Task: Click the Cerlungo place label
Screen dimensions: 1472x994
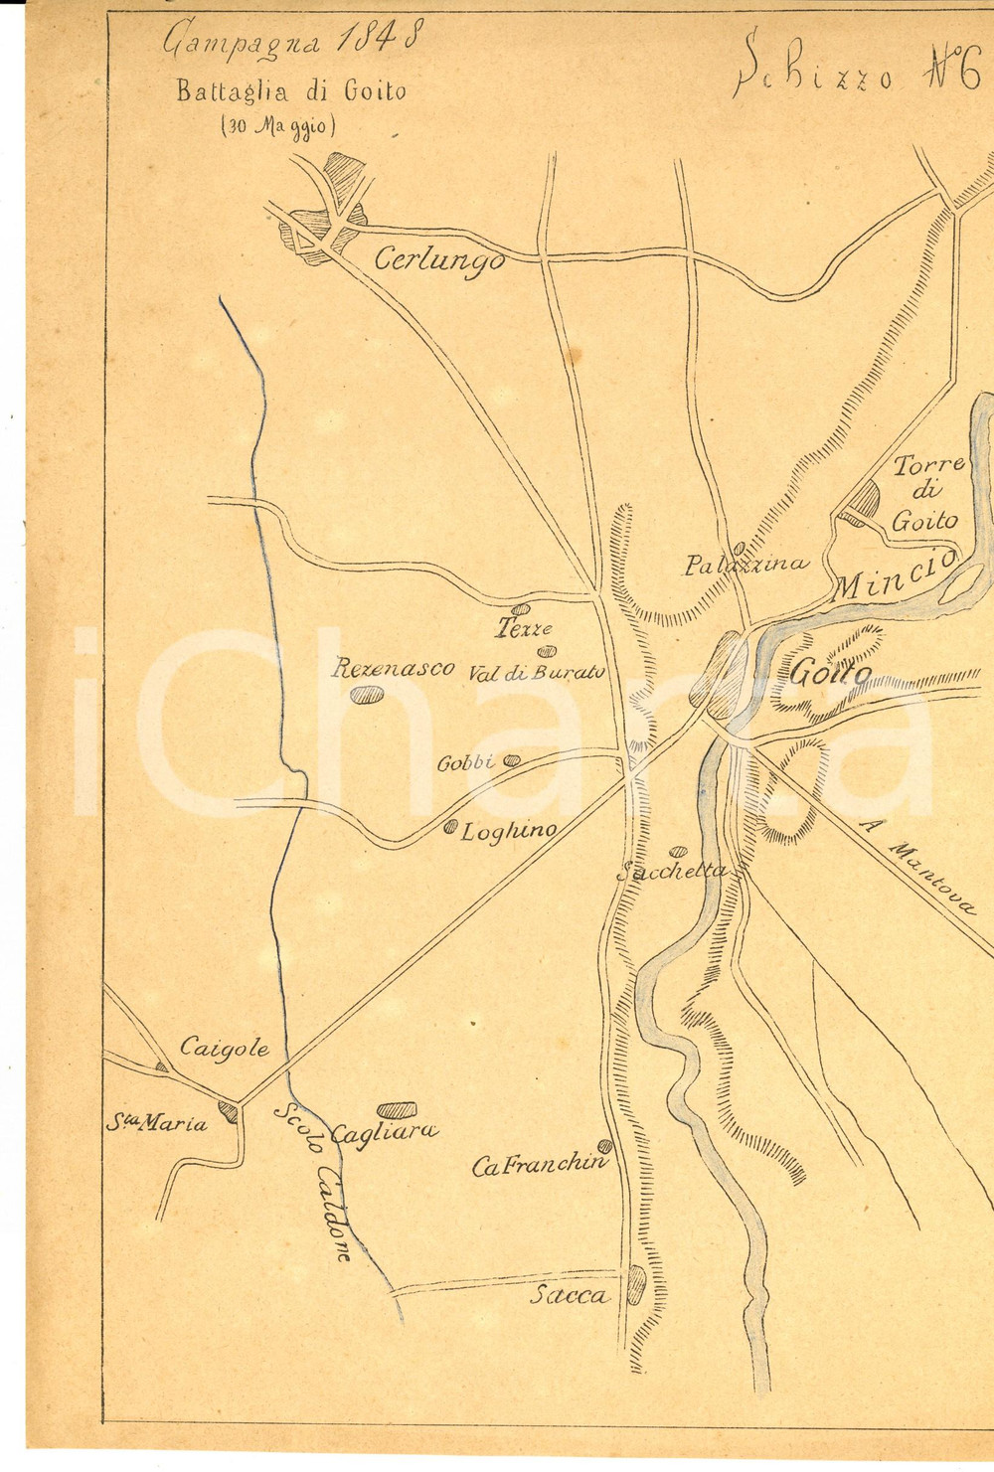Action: tap(438, 259)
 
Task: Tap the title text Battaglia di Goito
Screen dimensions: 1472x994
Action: tap(291, 91)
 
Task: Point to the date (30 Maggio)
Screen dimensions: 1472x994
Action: tap(281, 127)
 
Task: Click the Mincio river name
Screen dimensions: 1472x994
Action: tap(895, 576)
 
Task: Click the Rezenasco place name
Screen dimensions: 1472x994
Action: tap(394, 668)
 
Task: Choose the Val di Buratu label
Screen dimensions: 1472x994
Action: tap(537, 673)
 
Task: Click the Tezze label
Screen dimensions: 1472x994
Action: tap(524, 629)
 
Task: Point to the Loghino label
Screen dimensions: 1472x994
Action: tap(508, 831)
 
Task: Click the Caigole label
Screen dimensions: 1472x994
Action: tap(225, 1048)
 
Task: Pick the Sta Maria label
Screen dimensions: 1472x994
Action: tap(159, 1124)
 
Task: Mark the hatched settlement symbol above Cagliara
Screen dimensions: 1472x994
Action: tap(396, 1109)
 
